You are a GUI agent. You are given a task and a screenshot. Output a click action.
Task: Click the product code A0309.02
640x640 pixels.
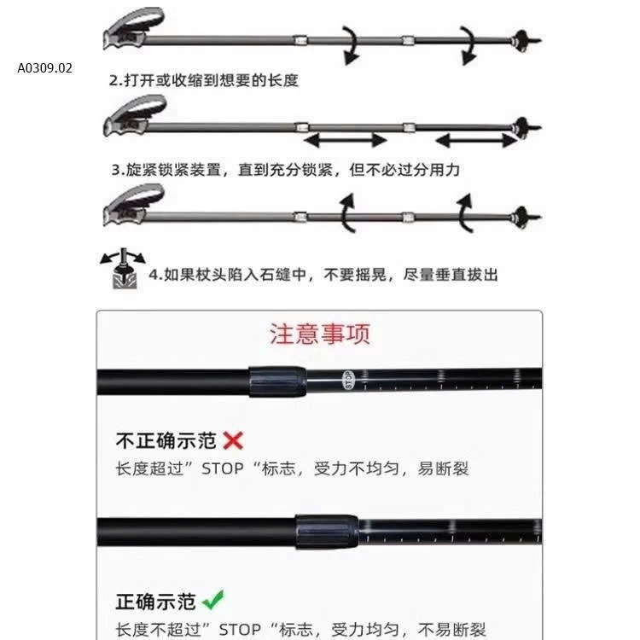tap(44, 68)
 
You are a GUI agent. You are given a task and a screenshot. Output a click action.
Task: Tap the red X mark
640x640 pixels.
tap(233, 440)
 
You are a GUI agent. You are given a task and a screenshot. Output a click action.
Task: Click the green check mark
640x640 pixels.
tap(213, 600)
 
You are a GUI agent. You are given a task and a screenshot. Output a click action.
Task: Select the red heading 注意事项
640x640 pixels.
tap(320, 333)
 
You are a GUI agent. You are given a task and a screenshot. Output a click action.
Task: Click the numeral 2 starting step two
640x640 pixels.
tap(113, 80)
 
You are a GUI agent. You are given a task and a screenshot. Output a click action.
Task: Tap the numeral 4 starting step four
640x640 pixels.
tap(154, 275)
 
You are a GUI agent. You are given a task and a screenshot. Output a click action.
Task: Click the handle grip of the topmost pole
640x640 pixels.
tap(132, 30)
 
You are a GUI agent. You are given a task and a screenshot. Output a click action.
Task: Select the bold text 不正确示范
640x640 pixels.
tap(167, 441)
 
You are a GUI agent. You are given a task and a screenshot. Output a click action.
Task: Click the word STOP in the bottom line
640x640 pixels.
tap(241, 631)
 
